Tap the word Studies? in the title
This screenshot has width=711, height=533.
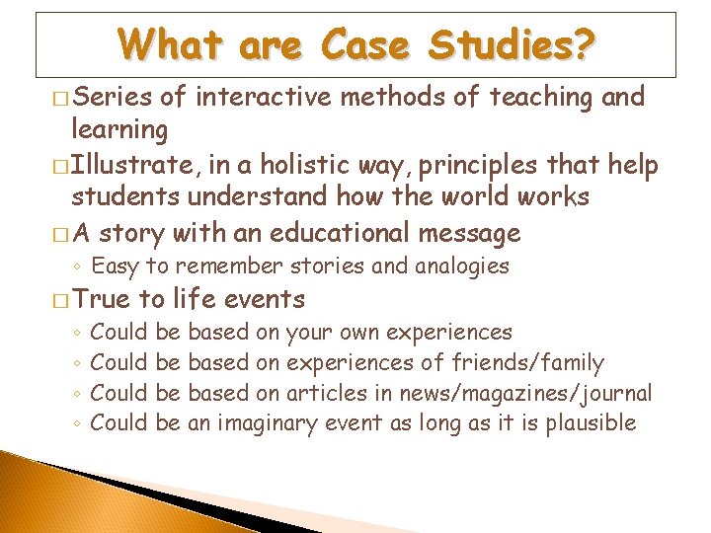[x=520, y=44]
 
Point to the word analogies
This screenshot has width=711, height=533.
[x=459, y=266]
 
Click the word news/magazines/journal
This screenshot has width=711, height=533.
[x=525, y=393]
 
